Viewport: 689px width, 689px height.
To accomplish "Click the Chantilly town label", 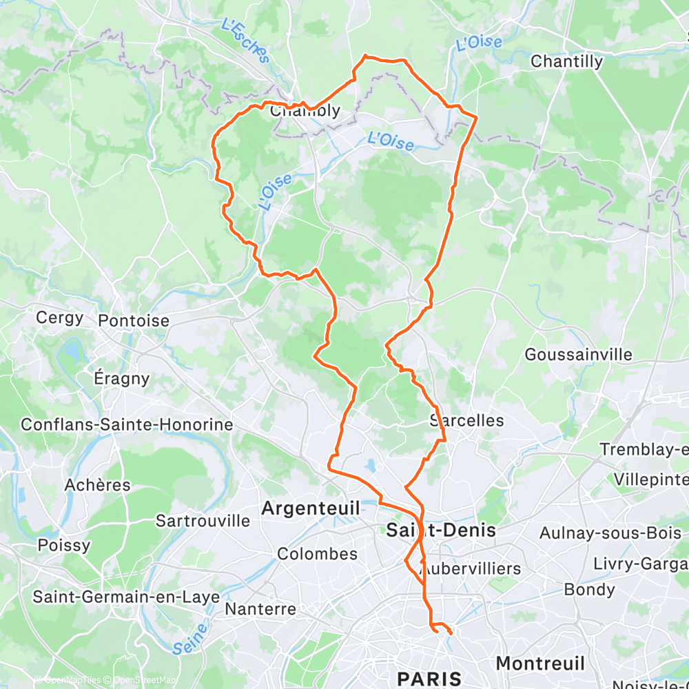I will [x=566, y=61].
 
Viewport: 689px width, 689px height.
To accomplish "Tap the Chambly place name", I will [x=305, y=111].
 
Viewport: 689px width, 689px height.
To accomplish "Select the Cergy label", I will [x=60, y=318].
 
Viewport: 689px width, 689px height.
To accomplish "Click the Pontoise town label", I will [x=134, y=320].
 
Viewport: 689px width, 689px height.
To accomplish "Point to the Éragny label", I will [x=121, y=378].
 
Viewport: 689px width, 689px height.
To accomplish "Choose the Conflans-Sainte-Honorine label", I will [x=127, y=424].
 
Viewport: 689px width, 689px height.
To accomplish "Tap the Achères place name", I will [x=97, y=484].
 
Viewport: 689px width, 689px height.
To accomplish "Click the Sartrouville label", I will [x=203, y=520].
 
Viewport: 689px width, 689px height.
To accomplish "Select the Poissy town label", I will [x=64, y=545].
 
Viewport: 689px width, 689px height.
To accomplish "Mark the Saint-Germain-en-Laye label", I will [x=126, y=597].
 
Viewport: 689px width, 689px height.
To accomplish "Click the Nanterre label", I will [x=261, y=609].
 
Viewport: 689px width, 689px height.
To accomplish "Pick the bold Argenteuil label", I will [x=311, y=508].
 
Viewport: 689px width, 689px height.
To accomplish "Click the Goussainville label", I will [x=578, y=354].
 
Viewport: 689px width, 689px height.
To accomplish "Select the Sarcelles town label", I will [x=466, y=420].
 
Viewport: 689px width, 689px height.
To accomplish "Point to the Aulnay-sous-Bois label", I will [x=610, y=533].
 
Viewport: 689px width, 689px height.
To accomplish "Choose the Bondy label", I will [x=589, y=589].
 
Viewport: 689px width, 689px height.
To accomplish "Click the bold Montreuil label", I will [x=540, y=663].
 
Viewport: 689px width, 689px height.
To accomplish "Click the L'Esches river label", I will [x=244, y=41].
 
